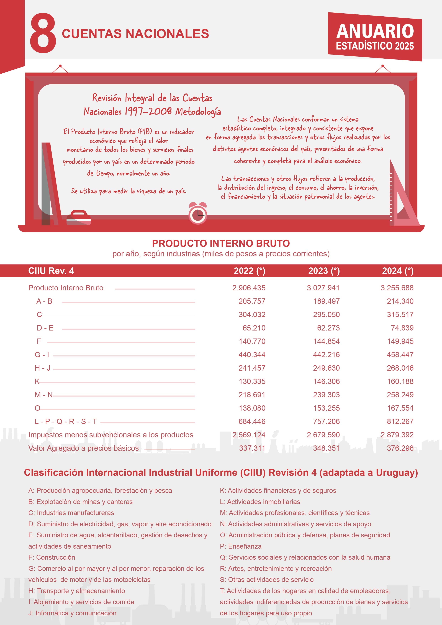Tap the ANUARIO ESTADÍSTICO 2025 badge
point(375,37)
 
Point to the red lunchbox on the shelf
point(78,218)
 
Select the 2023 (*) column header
point(324,271)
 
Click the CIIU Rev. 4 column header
point(51,271)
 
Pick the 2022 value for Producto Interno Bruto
point(249,288)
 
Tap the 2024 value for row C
point(400,314)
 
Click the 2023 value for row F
point(326,341)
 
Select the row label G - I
point(42,354)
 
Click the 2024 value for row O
point(400,408)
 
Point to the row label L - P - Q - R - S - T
point(66,421)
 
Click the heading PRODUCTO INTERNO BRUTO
point(221,243)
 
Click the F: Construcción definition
point(52,557)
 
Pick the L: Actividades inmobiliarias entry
point(260,501)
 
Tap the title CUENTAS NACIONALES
point(135,34)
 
